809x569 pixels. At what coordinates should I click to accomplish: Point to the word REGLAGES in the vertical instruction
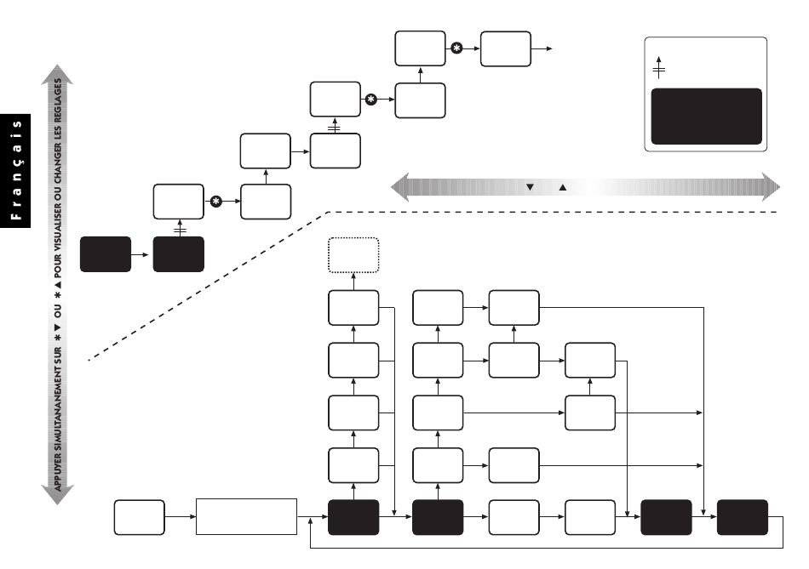59,100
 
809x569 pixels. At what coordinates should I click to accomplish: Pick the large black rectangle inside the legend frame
706,117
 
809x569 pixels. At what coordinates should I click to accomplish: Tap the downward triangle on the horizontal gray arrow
530,186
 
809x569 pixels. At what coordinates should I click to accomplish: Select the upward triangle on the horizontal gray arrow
563,186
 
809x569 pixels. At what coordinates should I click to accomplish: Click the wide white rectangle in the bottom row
247,516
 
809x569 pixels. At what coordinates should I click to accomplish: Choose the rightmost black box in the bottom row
742,516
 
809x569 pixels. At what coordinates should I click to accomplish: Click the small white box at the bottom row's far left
141,516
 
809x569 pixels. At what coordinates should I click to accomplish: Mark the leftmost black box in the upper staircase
106,254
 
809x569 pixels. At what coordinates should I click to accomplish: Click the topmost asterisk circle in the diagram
456,48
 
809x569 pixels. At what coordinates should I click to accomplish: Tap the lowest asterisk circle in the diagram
216,202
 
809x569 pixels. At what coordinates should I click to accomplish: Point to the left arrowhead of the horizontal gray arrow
399,186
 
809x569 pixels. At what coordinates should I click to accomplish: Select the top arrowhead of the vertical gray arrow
59,74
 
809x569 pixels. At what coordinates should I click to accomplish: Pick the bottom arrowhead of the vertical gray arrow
59,497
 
